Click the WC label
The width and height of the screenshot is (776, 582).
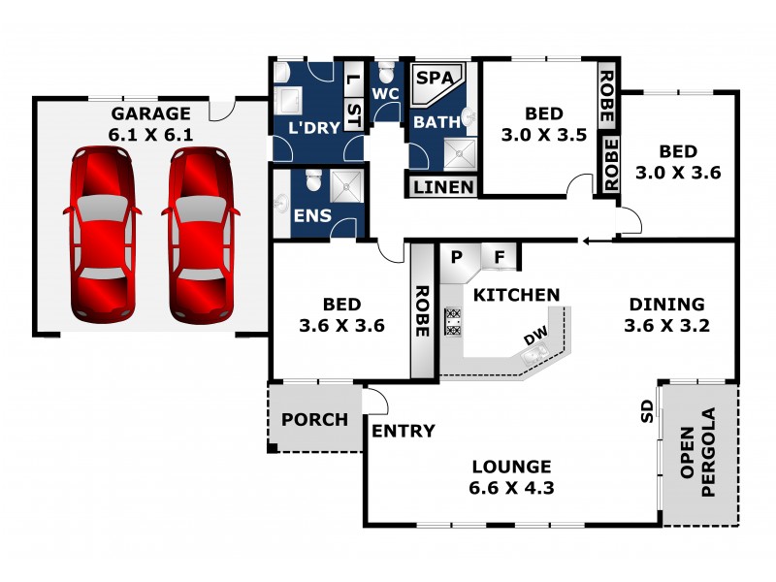386,94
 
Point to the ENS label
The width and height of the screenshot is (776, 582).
311,215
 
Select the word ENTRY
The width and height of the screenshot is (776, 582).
404,431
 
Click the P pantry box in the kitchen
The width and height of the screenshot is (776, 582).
457,257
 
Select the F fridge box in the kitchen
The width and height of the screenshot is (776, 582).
500,257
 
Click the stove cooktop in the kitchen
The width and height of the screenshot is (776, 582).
452,321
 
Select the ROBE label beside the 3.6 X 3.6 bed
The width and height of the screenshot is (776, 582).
423,310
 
